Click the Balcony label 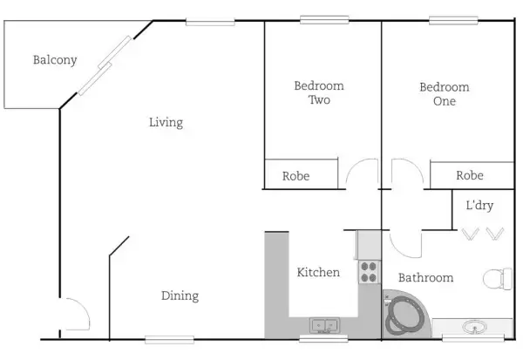tap(55, 60)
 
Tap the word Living tap(166, 123)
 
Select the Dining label tap(180, 296)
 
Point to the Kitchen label tap(318, 273)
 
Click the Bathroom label tap(425, 278)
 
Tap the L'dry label tap(479, 206)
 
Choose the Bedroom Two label tap(319, 93)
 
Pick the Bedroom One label tap(444, 93)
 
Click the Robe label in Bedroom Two tap(296, 176)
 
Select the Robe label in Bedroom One tap(470, 176)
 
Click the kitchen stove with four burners tap(369, 271)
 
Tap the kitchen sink tap(324, 326)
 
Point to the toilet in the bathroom tap(498, 280)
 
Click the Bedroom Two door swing tap(361, 172)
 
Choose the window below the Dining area tap(170, 339)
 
